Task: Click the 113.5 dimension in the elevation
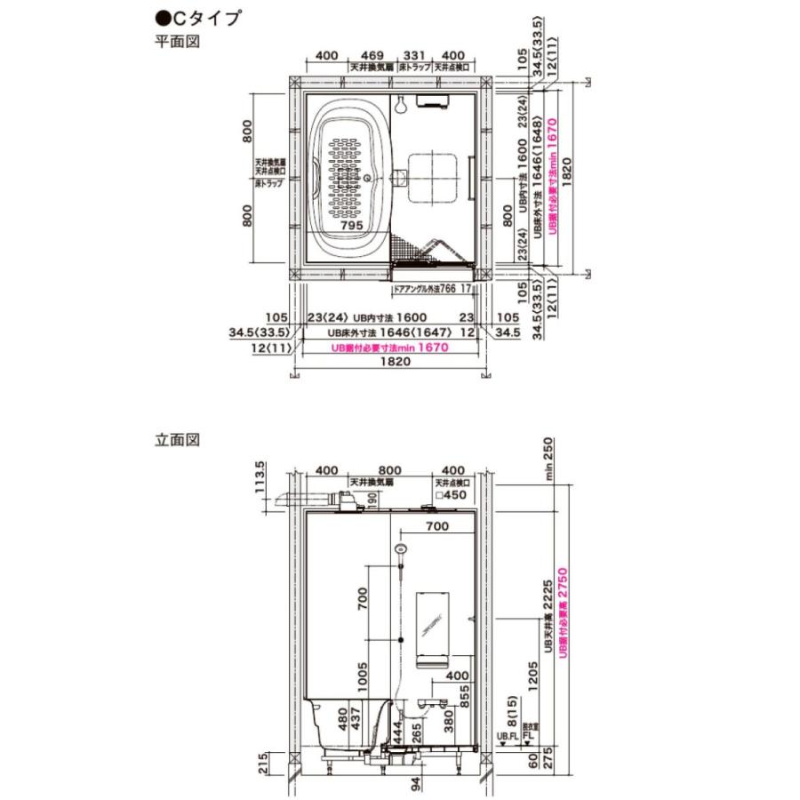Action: pos(260,481)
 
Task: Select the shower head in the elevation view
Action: pos(401,550)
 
